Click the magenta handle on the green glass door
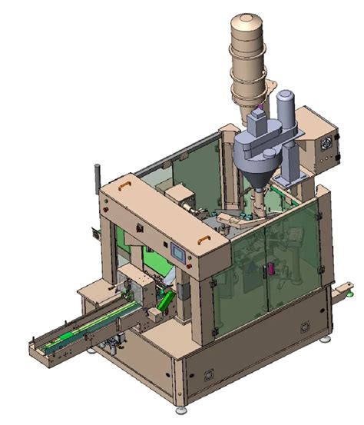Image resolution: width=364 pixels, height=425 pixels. point(270,269)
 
